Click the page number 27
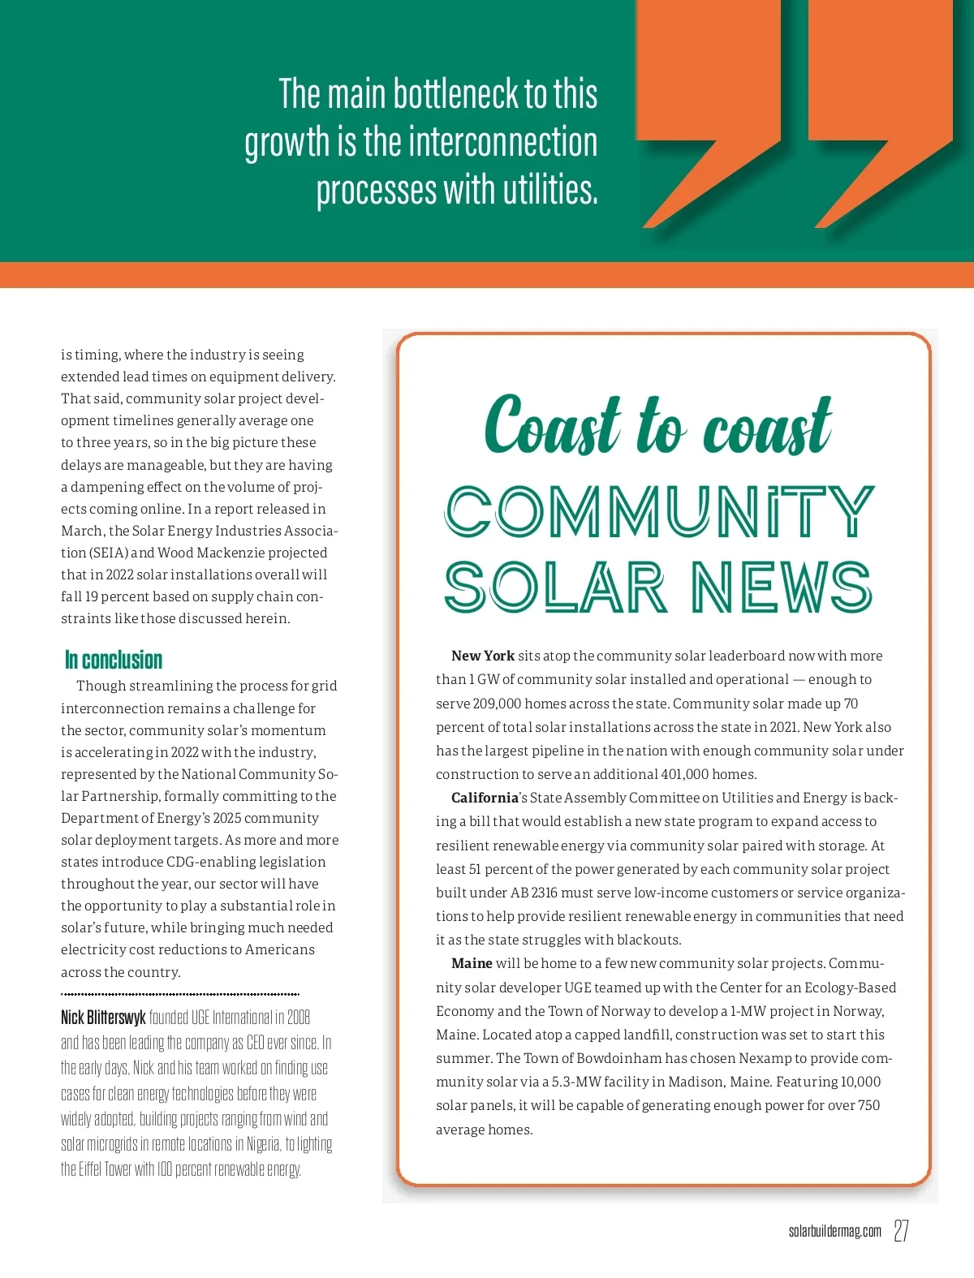tap(901, 1230)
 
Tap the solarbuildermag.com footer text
tap(834, 1231)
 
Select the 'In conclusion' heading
tap(114, 660)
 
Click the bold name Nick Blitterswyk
tap(103, 1018)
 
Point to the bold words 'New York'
tap(483, 656)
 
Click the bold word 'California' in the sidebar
tap(485, 798)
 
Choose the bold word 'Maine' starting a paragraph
tap(472, 963)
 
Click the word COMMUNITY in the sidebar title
tap(659, 512)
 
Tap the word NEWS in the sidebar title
tap(781, 587)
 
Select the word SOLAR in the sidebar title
tap(555, 587)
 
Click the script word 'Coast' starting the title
tap(552, 425)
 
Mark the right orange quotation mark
tap(880, 114)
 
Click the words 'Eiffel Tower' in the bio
tap(106, 1169)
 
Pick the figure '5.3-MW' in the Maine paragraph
tap(576, 1082)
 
